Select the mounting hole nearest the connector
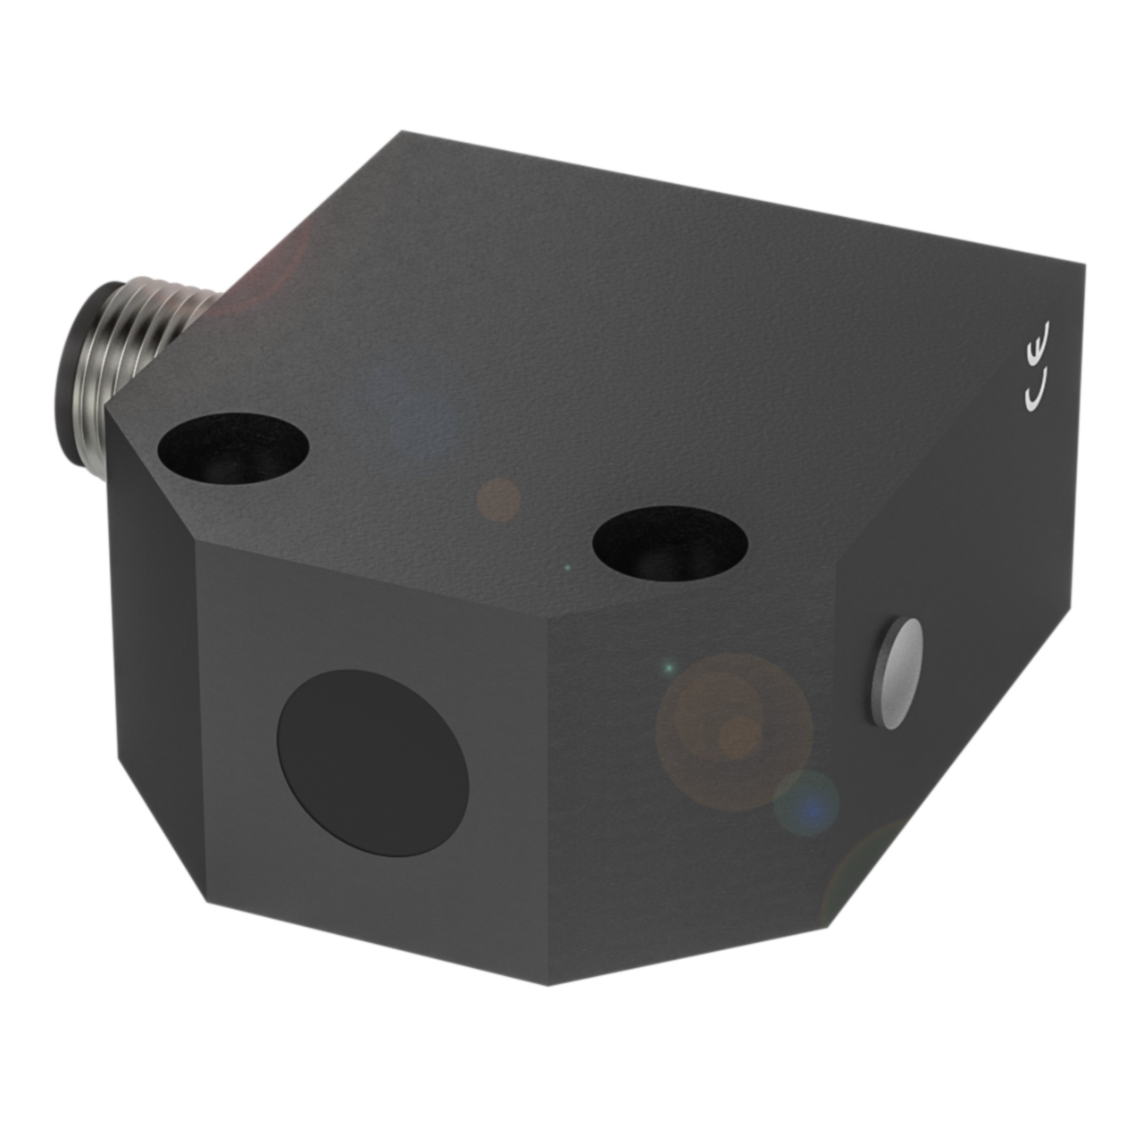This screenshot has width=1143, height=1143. pos(233,445)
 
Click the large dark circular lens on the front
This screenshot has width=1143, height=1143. pos(373,763)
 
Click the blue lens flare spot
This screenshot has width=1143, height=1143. pos(807,803)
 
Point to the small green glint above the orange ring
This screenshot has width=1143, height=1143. pos(667,667)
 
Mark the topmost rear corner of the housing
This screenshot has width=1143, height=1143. pos(401,131)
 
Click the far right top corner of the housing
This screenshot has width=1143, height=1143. pos(1086,264)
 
